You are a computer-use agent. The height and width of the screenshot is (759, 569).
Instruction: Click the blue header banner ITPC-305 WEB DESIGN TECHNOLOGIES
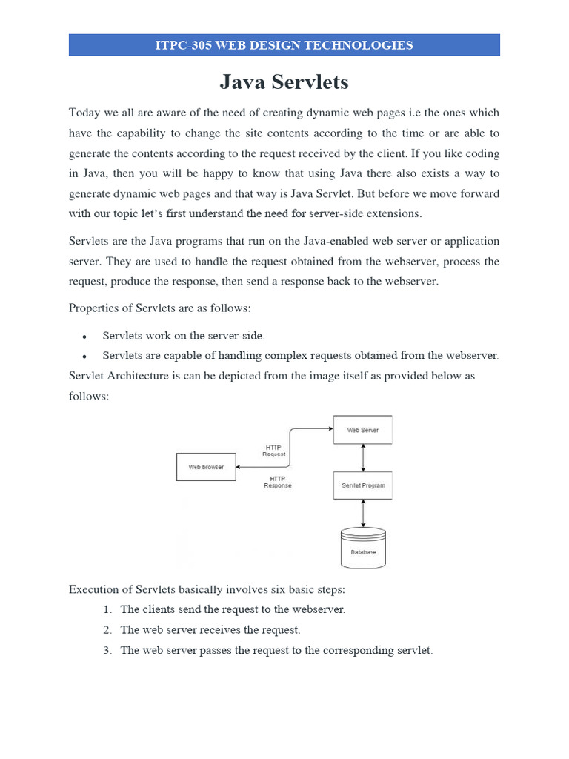(x=284, y=45)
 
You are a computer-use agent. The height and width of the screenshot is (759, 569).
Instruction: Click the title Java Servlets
(x=284, y=82)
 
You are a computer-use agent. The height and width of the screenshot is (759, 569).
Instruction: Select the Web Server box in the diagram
(x=362, y=430)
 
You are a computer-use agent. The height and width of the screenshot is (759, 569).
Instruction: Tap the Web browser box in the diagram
(x=205, y=467)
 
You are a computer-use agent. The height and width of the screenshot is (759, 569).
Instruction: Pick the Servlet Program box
(x=362, y=485)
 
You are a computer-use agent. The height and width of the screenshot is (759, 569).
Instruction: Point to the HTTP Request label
(x=274, y=451)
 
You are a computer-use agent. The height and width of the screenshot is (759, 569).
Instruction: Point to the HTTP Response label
(x=278, y=483)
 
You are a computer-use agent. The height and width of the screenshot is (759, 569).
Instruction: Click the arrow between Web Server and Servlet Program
(x=362, y=457)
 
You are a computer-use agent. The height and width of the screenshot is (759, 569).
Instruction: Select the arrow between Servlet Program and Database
(x=362, y=513)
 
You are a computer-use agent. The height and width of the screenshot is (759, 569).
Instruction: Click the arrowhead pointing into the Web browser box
(x=239, y=467)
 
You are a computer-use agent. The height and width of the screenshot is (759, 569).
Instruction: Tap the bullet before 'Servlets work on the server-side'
(x=86, y=337)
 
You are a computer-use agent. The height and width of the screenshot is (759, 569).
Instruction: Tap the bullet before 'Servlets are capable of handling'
(x=86, y=357)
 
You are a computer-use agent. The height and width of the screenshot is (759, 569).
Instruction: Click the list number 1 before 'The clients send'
(x=107, y=610)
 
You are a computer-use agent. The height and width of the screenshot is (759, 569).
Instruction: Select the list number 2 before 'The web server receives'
(x=107, y=630)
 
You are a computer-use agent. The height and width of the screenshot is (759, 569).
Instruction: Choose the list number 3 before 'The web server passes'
(x=107, y=651)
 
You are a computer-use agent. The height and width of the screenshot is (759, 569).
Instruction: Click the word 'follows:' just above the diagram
(x=88, y=397)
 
